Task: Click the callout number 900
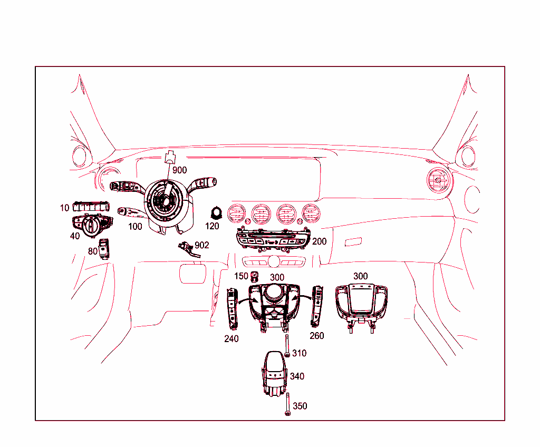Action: coord(179,170)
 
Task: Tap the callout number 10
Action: coord(64,208)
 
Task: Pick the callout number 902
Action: coord(202,245)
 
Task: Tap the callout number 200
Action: coord(319,241)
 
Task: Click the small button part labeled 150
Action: coord(256,276)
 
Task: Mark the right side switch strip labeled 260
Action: coord(317,306)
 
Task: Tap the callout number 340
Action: coord(297,376)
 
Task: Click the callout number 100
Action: coord(135,227)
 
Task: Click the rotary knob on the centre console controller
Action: coord(275,293)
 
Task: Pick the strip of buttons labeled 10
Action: coord(91,206)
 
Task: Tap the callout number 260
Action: coord(317,336)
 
